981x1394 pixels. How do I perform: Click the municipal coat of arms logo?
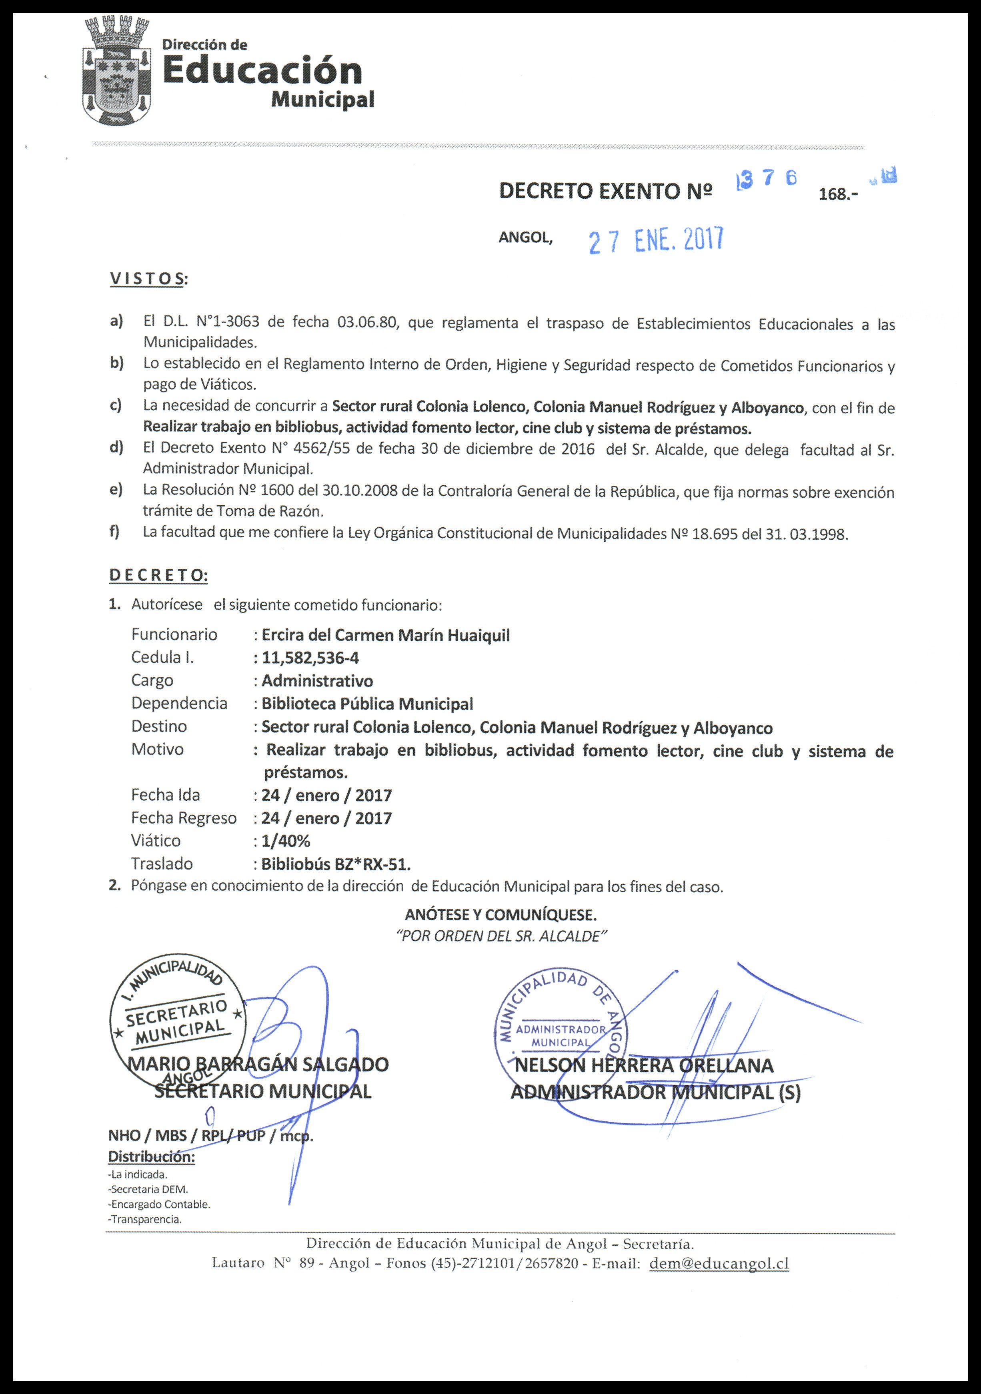point(117,71)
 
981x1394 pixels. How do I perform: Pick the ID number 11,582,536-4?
point(310,658)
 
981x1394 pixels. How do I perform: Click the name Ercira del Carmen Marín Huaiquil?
point(386,635)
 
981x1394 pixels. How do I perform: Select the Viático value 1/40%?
point(286,841)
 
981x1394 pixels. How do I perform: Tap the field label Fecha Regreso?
point(184,818)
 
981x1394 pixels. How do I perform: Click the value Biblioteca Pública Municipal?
point(367,704)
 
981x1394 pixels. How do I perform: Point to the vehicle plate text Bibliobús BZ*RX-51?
point(336,864)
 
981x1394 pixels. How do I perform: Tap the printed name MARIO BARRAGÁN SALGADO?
point(258,1064)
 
